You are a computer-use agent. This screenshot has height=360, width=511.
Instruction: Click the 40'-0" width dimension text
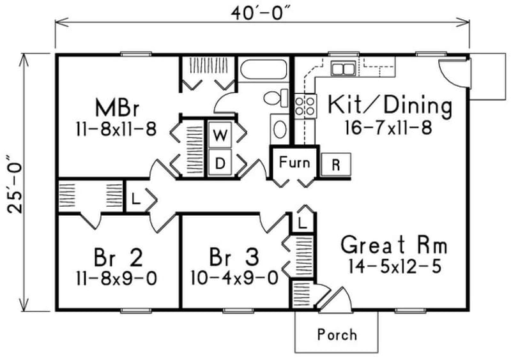pyautogui.click(x=264, y=12)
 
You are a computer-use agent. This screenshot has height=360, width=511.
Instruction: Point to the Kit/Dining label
pyautogui.click(x=390, y=105)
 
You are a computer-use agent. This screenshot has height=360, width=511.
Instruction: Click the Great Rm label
pyautogui.click(x=393, y=244)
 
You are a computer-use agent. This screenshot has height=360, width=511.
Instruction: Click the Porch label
pyautogui.click(x=337, y=334)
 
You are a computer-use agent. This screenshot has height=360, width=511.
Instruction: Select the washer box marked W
pyautogui.click(x=220, y=135)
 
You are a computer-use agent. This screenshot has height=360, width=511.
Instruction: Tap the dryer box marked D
pyautogui.click(x=220, y=163)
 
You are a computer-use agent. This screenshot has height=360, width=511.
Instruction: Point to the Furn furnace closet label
pyautogui.click(x=294, y=162)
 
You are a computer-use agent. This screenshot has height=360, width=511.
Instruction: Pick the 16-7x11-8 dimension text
pyautogui.click(x=390, y=127)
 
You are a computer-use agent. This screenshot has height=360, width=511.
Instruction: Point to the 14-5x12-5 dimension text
pyautogui.click(x=395, y=266)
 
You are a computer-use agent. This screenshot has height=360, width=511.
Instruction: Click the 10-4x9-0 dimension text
pyautogui.click(x=234, y=278)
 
